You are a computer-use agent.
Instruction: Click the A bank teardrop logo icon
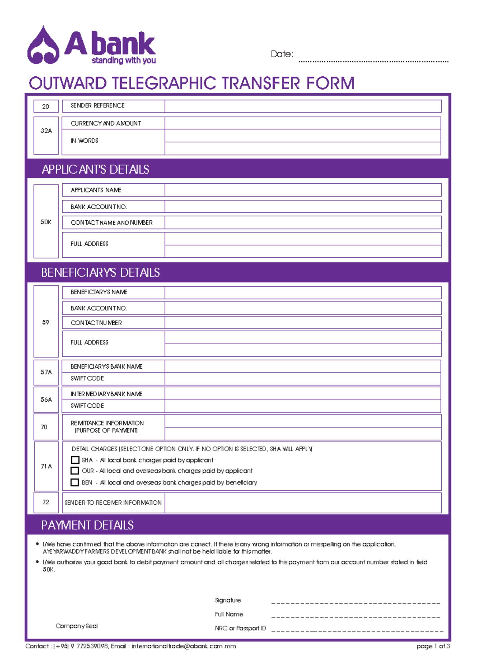(x=43, y=46)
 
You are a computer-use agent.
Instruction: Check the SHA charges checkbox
(x=75, y=460)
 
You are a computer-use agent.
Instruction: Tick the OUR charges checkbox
(x=75, y=471)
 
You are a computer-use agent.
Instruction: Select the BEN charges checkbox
(x=75, y=482)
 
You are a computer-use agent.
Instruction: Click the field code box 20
(x=46, y=106)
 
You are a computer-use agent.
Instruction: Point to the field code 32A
(x=46, y=131)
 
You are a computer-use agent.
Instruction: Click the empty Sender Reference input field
(x=302, y=106)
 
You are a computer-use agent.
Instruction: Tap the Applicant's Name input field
(x=302, y=190)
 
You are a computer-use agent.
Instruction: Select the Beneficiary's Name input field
(x=302, y=292)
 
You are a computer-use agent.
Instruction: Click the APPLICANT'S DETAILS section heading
(x=95, y=169)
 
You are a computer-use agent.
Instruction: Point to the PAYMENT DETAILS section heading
(x=87, y=525)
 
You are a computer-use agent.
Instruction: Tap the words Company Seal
(x=77, y=626)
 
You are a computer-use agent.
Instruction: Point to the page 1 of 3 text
(x=433, y=646)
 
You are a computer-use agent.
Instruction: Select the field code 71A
(x=46, y=466)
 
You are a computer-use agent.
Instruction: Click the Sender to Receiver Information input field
(x=302, y=503)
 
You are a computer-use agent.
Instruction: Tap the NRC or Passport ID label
(x=240, y=628)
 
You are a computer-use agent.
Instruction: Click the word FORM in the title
(x=330, y=84)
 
